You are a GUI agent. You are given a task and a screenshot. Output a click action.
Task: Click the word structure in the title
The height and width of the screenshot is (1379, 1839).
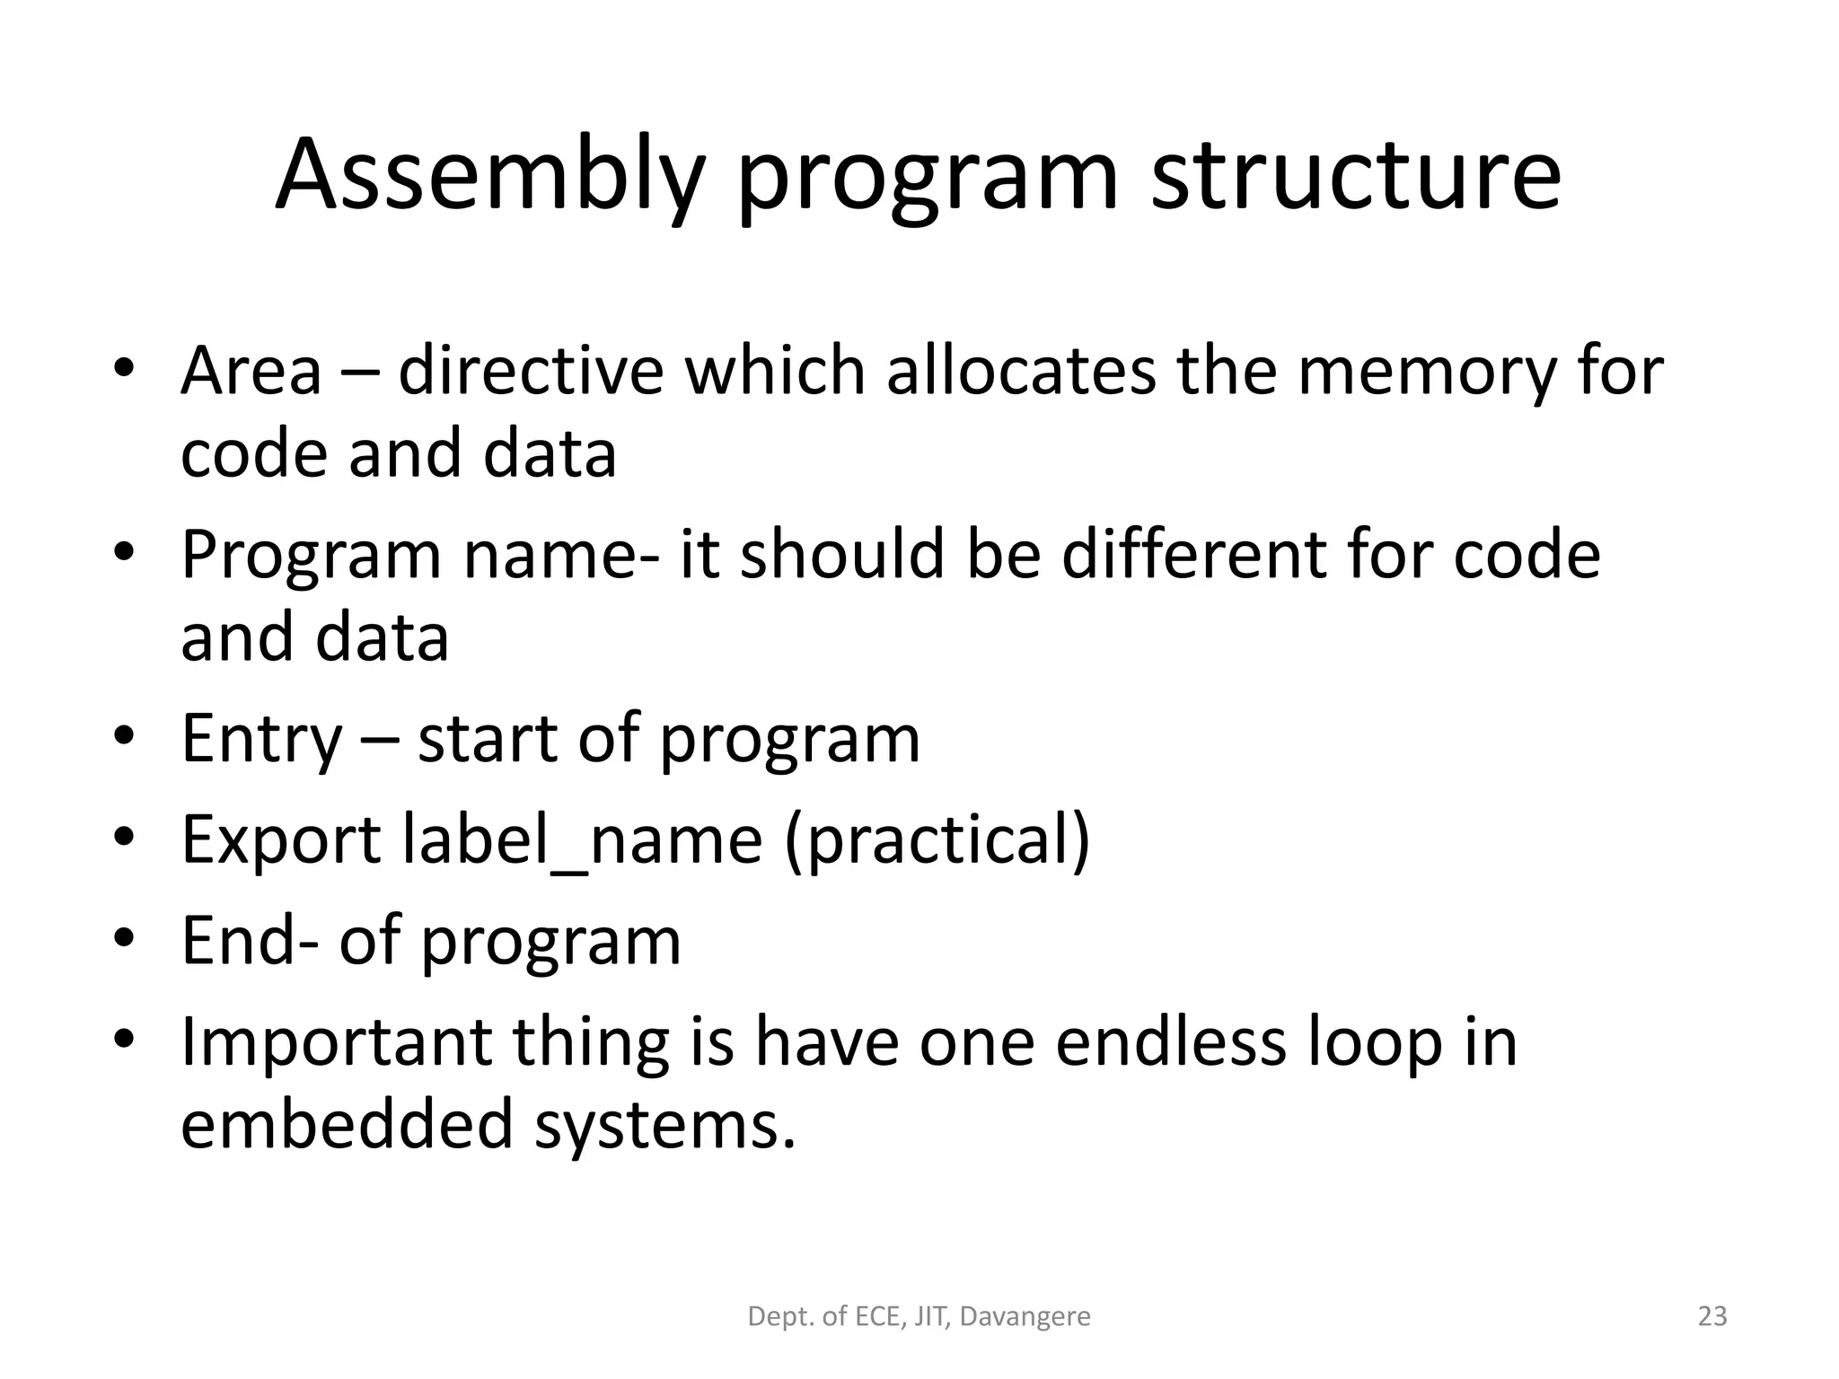tap(1356, 176)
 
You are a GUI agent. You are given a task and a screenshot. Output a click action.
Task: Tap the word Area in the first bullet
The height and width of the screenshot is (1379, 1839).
tap(251, 372)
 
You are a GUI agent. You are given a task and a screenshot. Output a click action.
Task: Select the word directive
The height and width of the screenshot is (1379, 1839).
tap(531, 372)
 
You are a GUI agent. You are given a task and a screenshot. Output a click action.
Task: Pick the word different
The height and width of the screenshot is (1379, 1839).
tap(1193, 555)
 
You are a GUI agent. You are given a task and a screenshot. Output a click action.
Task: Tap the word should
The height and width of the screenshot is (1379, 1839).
tap(843, 555)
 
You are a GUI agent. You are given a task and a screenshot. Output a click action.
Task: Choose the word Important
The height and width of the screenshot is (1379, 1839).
tap(337, 1043)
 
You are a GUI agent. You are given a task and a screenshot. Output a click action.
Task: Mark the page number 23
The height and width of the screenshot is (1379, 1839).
tap(1712, 1317)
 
